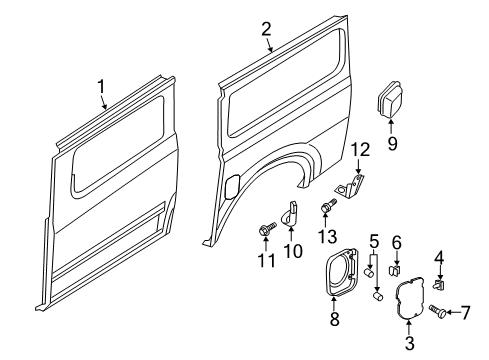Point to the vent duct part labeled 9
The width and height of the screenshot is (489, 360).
(390, 102)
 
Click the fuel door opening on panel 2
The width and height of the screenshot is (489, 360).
(232, 187)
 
